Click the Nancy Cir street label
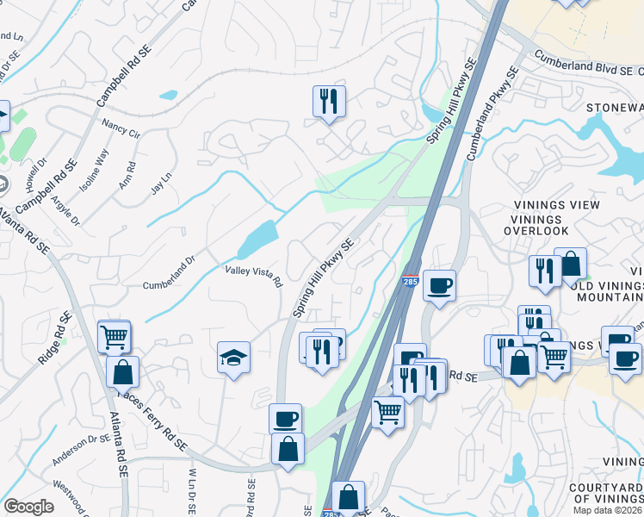point(121,129)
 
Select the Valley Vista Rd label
point(253,276)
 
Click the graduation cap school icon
point(233,357)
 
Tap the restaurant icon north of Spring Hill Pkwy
point(329,101)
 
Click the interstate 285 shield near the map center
point(411,281)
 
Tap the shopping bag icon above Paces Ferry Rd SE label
point(122,371)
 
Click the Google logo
point(28,507)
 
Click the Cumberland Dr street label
point(170,271)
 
